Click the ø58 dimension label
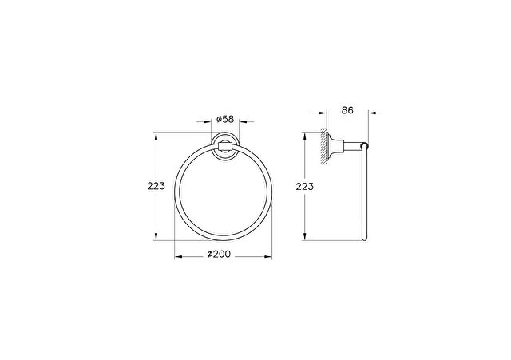pos(225,119)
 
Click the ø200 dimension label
pos(219,254)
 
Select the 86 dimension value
pos(347,110)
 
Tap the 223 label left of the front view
pos(156,186)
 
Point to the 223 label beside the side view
pos(305,187)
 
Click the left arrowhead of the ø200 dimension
pos(178,257)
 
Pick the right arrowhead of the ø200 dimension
pos(268,257)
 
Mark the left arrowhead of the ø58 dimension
pos(208,122)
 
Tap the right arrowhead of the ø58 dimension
pos(243,122)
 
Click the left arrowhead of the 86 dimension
pos(323,113)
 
